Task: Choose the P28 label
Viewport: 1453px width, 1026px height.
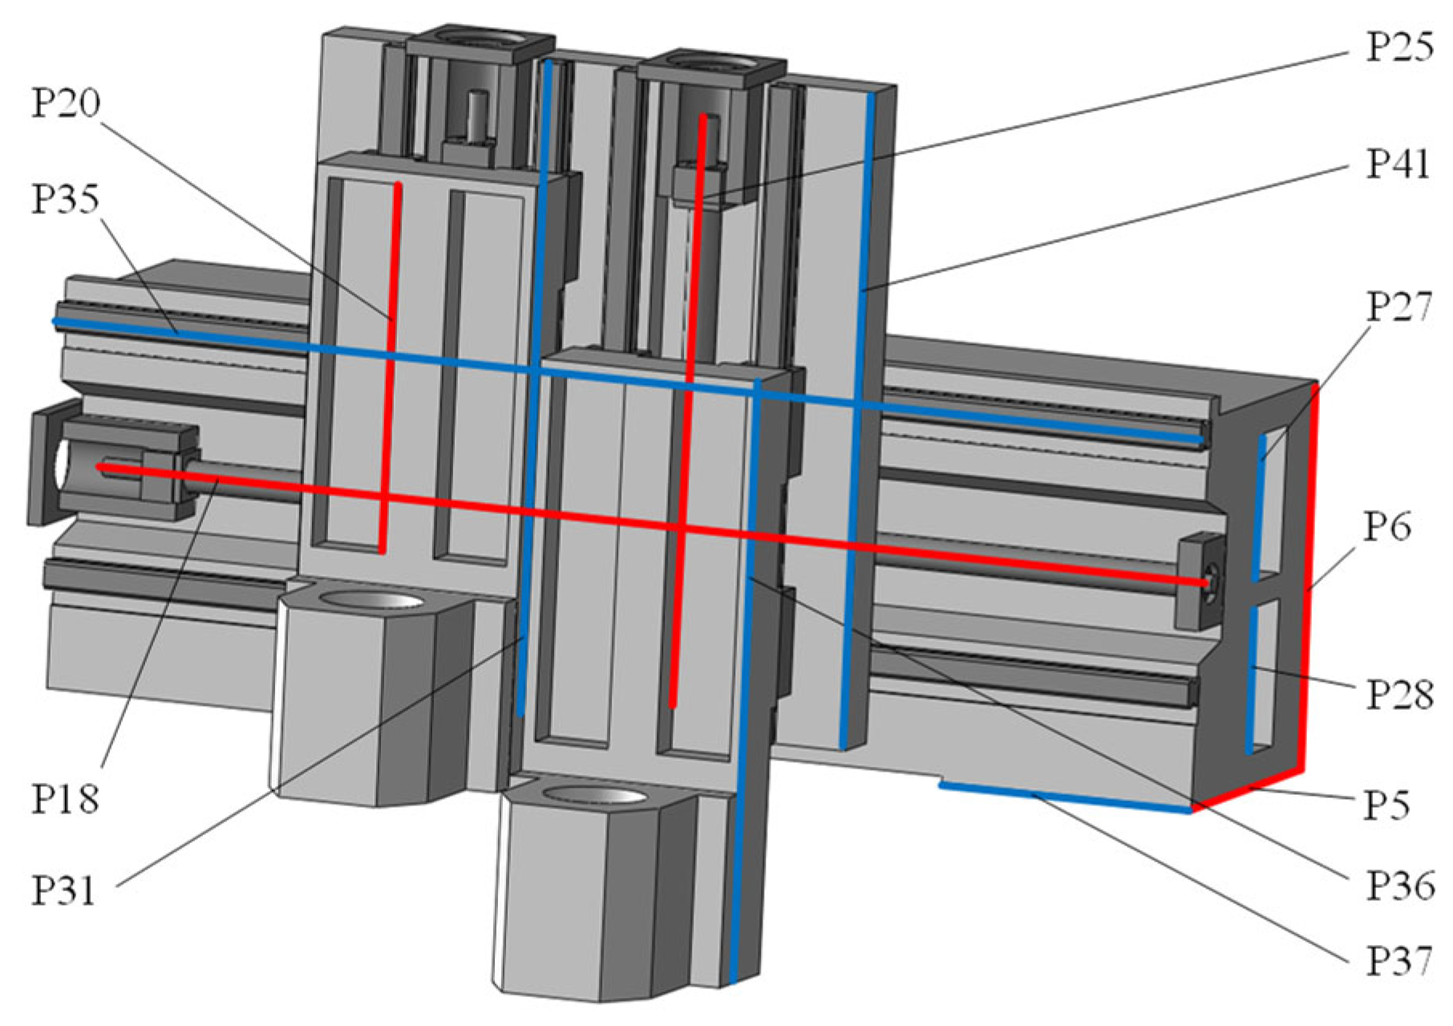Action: pos(1399,695)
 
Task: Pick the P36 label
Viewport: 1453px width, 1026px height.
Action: pos(1399,886)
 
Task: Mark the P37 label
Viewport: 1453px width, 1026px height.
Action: pos(1399,960)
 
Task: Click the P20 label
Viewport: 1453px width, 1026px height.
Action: pos(66,103)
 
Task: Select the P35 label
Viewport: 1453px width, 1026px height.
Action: pos(66,199)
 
